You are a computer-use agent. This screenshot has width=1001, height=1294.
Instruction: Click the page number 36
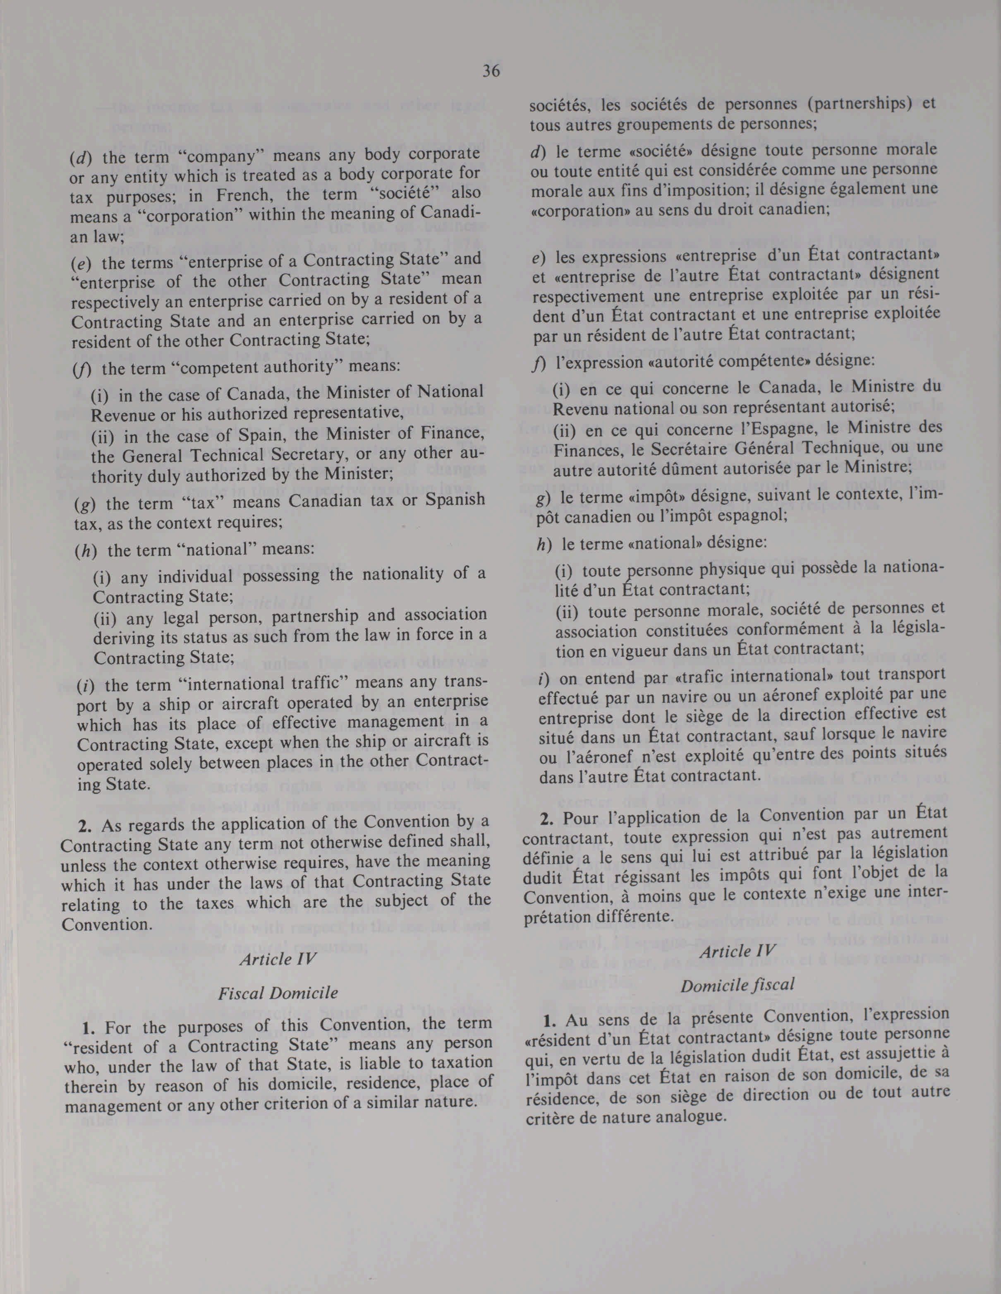click(491, 71)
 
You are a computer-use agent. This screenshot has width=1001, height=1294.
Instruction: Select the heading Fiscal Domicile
click(278, 993)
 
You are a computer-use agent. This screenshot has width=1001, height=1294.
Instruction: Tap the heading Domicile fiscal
click(737, 985)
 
